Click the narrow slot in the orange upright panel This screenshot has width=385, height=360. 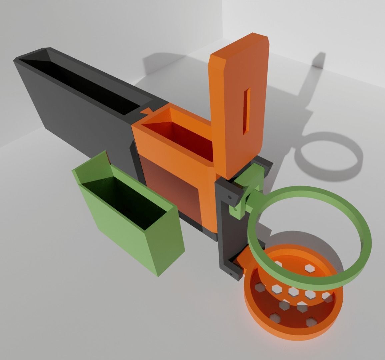[x=247, y=112]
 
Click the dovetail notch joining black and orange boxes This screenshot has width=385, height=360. [x=147, y=112]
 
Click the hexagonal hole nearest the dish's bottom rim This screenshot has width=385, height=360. [x=311, y=322]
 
